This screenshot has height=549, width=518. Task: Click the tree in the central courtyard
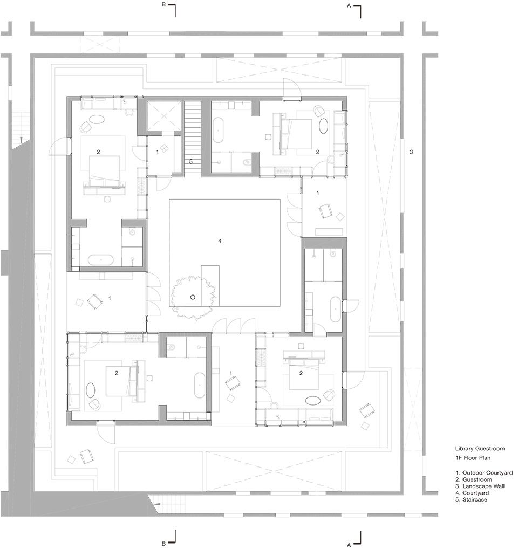193,297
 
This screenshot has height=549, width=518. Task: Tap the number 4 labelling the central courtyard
220,241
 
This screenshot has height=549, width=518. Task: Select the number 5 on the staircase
191,162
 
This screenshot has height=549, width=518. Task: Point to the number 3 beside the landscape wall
411,152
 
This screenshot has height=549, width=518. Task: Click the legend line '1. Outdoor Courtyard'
484,472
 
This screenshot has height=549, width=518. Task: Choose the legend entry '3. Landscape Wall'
480,486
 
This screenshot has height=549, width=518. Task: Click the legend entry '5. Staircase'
471,499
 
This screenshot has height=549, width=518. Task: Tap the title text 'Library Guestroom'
480,449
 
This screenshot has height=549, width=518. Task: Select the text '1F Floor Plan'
473,458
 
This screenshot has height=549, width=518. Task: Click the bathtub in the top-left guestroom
101,260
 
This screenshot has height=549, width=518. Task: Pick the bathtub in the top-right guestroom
218,131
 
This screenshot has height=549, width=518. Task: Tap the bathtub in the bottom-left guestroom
200,385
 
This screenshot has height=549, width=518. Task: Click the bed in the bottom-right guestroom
304,376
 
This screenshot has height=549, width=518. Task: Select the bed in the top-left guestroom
104,171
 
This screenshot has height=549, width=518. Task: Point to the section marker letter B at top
163,5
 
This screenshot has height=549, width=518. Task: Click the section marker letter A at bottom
349,545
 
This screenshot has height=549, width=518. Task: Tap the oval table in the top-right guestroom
324,126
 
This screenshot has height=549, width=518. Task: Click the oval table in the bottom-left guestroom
90,390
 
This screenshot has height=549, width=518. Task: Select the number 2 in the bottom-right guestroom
301,373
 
